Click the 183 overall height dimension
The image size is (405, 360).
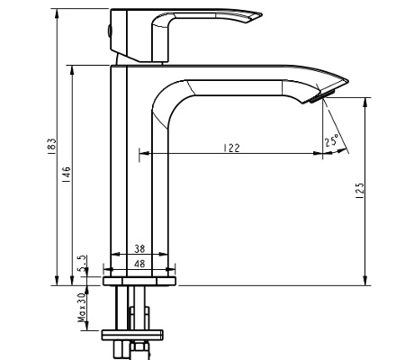point(52,147)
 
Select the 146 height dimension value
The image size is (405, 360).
point(66,174)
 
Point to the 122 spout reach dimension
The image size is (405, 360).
point(231,149)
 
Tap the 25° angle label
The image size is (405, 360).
point(332,140)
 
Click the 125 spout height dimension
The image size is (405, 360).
point(359,191)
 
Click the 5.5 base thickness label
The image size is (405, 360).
point(83,263)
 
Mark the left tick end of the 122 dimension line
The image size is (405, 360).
point(139,155)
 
